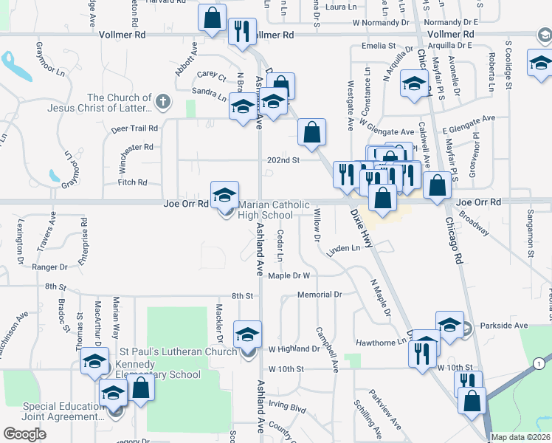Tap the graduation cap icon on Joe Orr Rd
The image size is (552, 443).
(225, 196)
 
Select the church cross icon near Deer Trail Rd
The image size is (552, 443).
(163, 100)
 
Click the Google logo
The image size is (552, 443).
(24, 433)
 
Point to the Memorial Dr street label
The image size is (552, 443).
(320, 295)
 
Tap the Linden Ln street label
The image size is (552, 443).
(343, 249)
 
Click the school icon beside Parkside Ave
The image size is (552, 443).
(450, 324)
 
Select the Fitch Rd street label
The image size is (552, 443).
(133, 182)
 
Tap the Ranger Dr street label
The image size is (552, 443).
(52, 267)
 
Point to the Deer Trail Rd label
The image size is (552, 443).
(134, 128)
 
